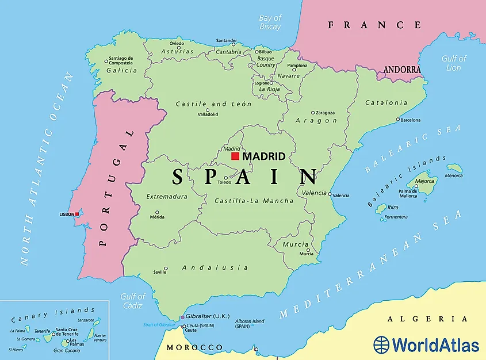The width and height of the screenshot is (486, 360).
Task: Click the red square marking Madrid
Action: pos(235,156)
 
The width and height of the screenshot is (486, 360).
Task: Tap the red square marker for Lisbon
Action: pos(78,215)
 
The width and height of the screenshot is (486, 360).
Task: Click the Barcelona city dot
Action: pos(397,120)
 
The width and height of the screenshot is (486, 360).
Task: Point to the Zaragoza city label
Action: pos(326,113)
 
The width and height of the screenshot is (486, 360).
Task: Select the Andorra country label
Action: pos(403,70)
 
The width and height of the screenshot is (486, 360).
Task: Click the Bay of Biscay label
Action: pos(270,22)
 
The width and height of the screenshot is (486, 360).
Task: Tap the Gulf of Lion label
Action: pos(454,63)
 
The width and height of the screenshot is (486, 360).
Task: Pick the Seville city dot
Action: pos(166,268)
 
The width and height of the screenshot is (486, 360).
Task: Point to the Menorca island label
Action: pos(454,175)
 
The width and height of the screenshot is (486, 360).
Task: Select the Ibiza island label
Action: pos(393,208)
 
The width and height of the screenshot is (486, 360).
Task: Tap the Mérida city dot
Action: pos(157,212)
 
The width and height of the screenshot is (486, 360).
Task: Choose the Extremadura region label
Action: pos(167,197)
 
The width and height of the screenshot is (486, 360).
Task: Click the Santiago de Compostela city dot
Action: pos(106,61)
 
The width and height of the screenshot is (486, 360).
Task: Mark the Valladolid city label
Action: pos(208,114)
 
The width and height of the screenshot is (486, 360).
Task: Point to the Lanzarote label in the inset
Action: pos(86,320)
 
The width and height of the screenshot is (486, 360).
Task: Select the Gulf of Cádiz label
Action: pos(132,301)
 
